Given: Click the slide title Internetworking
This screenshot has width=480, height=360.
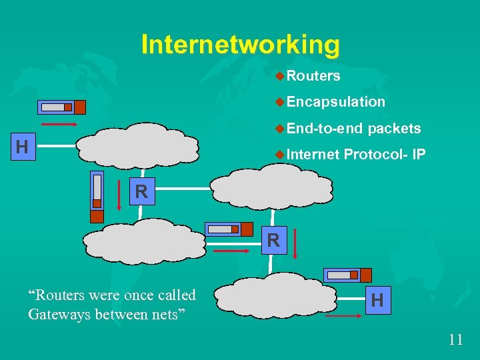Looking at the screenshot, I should pos(240,45).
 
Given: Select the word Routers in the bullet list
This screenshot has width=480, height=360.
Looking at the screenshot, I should pos(314,76).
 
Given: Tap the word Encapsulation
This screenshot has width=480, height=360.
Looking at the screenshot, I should pos(336,102).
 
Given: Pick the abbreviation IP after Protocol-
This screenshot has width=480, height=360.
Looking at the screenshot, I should pos(419,155).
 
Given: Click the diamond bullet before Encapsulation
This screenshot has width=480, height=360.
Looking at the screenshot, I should pos(280,102).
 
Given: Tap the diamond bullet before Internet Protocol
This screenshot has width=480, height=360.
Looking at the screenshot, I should pos(280,155).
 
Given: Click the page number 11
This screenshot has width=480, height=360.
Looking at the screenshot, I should pos(455,339).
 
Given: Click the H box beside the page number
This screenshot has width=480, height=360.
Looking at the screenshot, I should pos(377,300).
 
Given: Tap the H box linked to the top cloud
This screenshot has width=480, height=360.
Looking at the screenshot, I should pos(22,147).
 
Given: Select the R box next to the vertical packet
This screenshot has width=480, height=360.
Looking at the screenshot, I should pos(141,192).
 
